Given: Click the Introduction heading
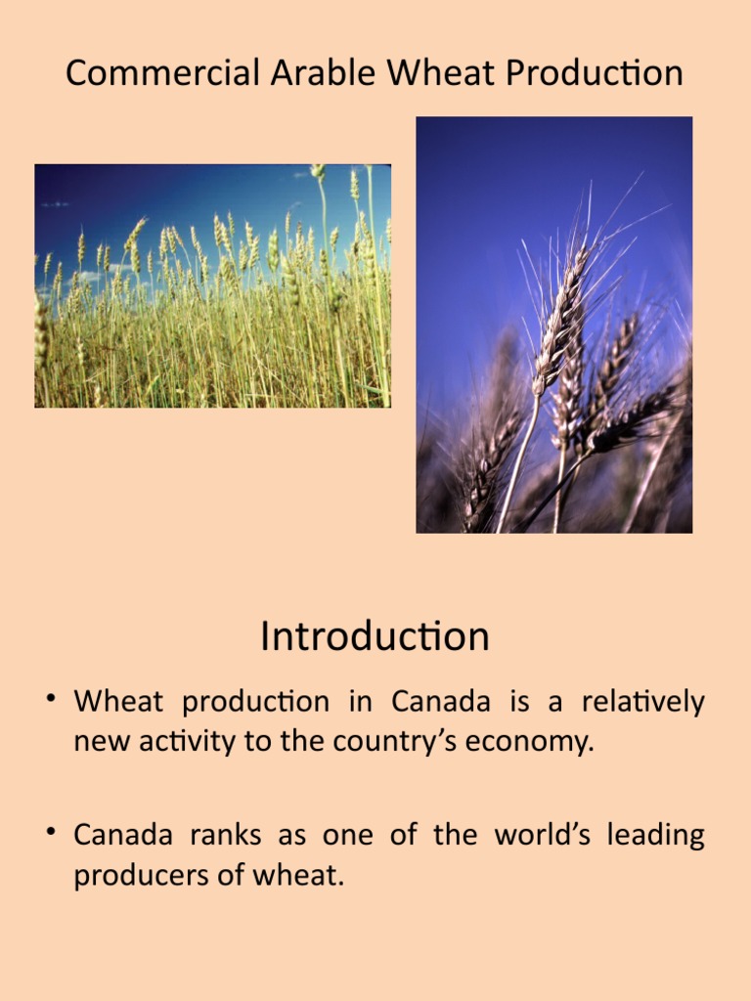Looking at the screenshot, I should [x=375, y=637].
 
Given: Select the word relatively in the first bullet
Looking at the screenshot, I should [x=642, y=702].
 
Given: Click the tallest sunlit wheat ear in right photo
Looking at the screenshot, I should [x=563, y=313].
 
